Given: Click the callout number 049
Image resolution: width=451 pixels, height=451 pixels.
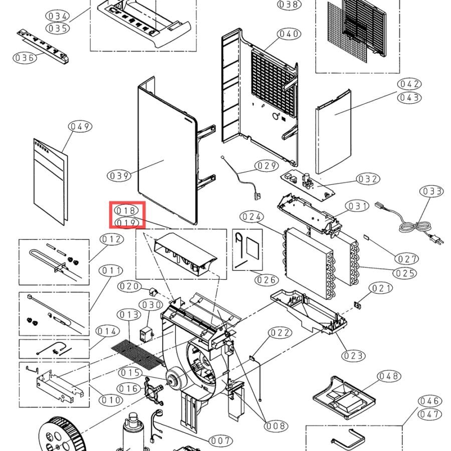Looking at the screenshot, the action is [x=80, y=126].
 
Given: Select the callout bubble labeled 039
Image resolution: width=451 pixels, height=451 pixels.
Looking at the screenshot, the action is [x=119, y=175].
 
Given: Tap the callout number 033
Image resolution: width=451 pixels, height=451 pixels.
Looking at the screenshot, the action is [x=432, y=191].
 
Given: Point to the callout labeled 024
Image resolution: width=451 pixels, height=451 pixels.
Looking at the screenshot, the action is [x=252, y=216].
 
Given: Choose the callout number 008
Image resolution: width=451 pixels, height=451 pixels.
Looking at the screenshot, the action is [x=276, y=425].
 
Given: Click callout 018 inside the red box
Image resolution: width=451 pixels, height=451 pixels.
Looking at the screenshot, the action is [x=127, y=210].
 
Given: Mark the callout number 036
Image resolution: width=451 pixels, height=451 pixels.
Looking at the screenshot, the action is [x=25, y=58].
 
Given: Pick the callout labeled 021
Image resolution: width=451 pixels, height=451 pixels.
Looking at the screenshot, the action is [x=381, y=288].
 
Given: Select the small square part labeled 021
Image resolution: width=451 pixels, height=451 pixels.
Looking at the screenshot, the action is [x=357, y=305].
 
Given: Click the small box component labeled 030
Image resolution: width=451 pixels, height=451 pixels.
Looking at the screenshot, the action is [x=146, y=334].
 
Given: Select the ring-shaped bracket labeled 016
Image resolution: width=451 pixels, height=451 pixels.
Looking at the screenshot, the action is [x=153, y=390].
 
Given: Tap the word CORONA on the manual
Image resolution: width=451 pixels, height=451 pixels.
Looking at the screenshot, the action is [x=42, y=147].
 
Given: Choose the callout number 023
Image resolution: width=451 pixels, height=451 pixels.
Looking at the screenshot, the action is [x=353, y=356].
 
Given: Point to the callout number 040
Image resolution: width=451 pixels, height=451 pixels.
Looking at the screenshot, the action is [x=289, y=34].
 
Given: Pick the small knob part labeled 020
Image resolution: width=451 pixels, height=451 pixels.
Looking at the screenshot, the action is [x=153, y=292].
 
